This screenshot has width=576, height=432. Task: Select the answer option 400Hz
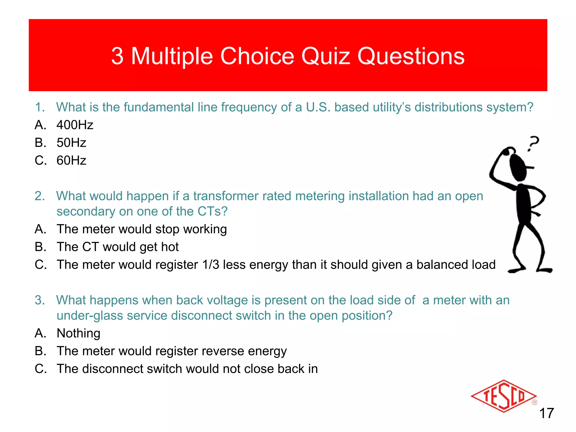pyautogui.click(x=75, y=125)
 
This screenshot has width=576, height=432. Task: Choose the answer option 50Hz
pyautogui.click(x=71, y=143)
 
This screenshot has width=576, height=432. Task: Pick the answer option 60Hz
pyautogui.click(x=71, y=160)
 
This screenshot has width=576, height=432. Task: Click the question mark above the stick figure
pyautogui.click(x=533, y=143)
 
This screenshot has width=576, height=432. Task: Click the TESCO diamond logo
pyautogui.click(x=504, y=396)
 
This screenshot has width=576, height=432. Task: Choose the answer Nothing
pyautogui.click(x=78, y=333)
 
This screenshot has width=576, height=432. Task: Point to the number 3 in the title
pyautogui.click(x=117, y=56)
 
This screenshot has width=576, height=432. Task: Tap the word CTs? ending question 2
pyautogui.click(x=212, y=211)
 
